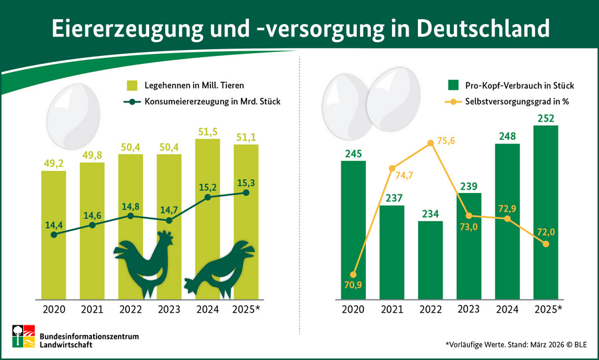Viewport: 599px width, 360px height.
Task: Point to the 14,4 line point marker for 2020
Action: pos(54,234)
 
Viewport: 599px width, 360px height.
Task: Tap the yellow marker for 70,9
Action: pos(353,274)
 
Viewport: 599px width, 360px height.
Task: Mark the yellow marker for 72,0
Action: pos(546,244)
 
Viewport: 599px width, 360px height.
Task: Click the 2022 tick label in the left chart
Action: pos(130,309)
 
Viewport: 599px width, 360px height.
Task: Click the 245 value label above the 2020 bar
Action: pos(353,152)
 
